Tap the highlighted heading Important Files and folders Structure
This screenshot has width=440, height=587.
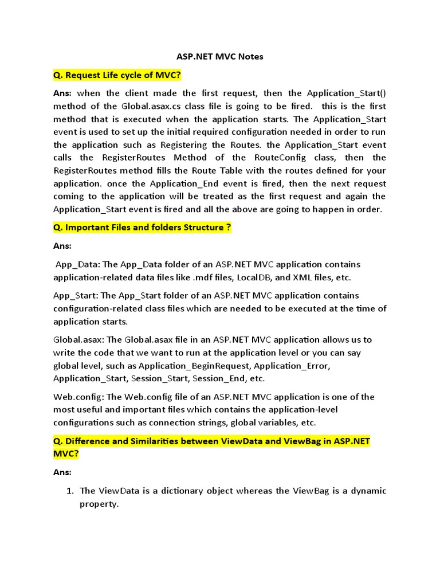[142, 228]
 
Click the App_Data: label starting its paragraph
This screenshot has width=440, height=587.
[78, 265]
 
